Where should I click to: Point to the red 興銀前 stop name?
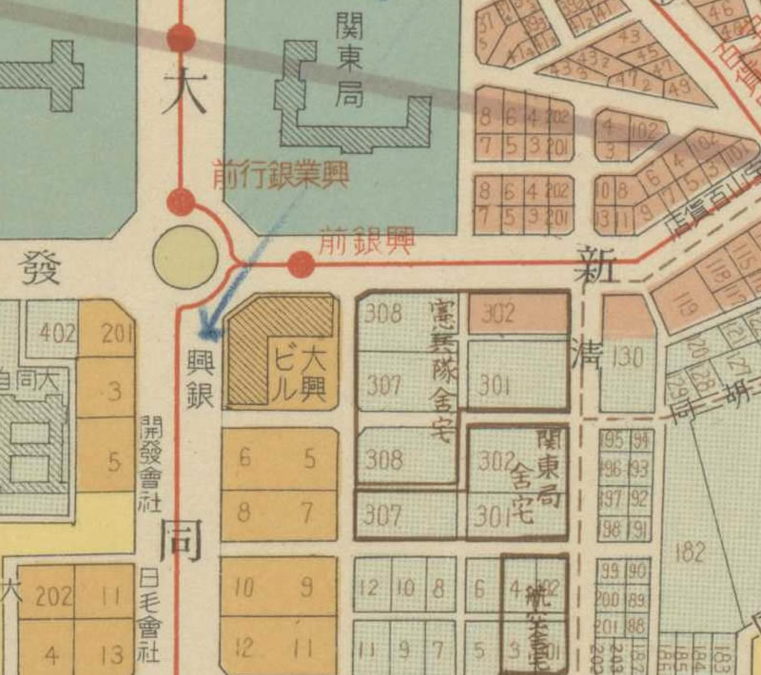(x=366, y=241)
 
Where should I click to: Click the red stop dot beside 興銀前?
(x=302, y=263)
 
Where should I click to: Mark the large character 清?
(x=590, y=353)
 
